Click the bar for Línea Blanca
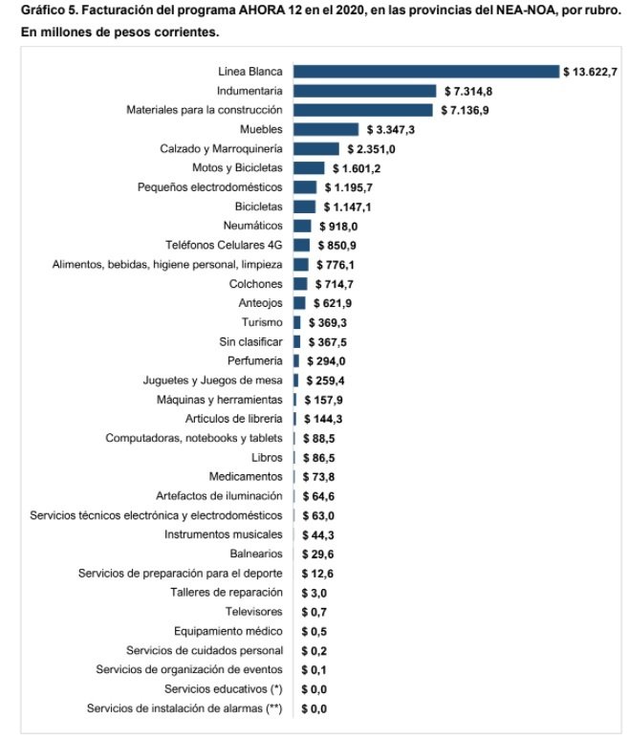(425, 72)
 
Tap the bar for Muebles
(325, 129)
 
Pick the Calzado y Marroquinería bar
(315, 148)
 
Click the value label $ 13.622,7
(596, 72)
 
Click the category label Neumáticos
(252, 226)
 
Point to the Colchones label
(255, 284)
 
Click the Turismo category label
(261, 322)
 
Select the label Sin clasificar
(250, 341)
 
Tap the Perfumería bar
(295, 360)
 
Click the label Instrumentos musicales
(223, 534)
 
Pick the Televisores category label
(253, 612)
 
